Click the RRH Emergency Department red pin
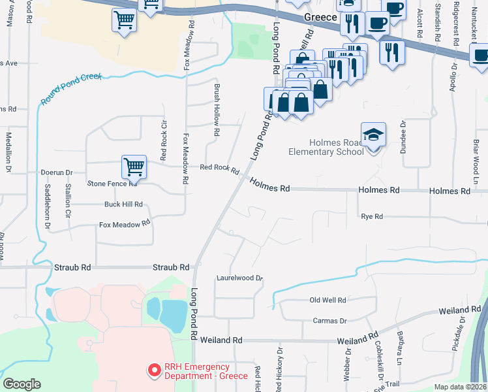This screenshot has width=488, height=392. (155, 370)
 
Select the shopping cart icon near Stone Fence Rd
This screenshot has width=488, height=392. (134, 167)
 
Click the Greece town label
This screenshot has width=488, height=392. (318, 19)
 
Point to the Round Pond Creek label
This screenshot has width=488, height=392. (71, 89)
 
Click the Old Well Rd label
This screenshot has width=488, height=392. (328, 300)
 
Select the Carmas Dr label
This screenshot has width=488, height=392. (329, 321)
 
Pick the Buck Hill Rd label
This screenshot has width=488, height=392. (123, 204)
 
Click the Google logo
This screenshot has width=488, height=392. (22, 384)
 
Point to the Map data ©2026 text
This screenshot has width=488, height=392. (460, 387)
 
